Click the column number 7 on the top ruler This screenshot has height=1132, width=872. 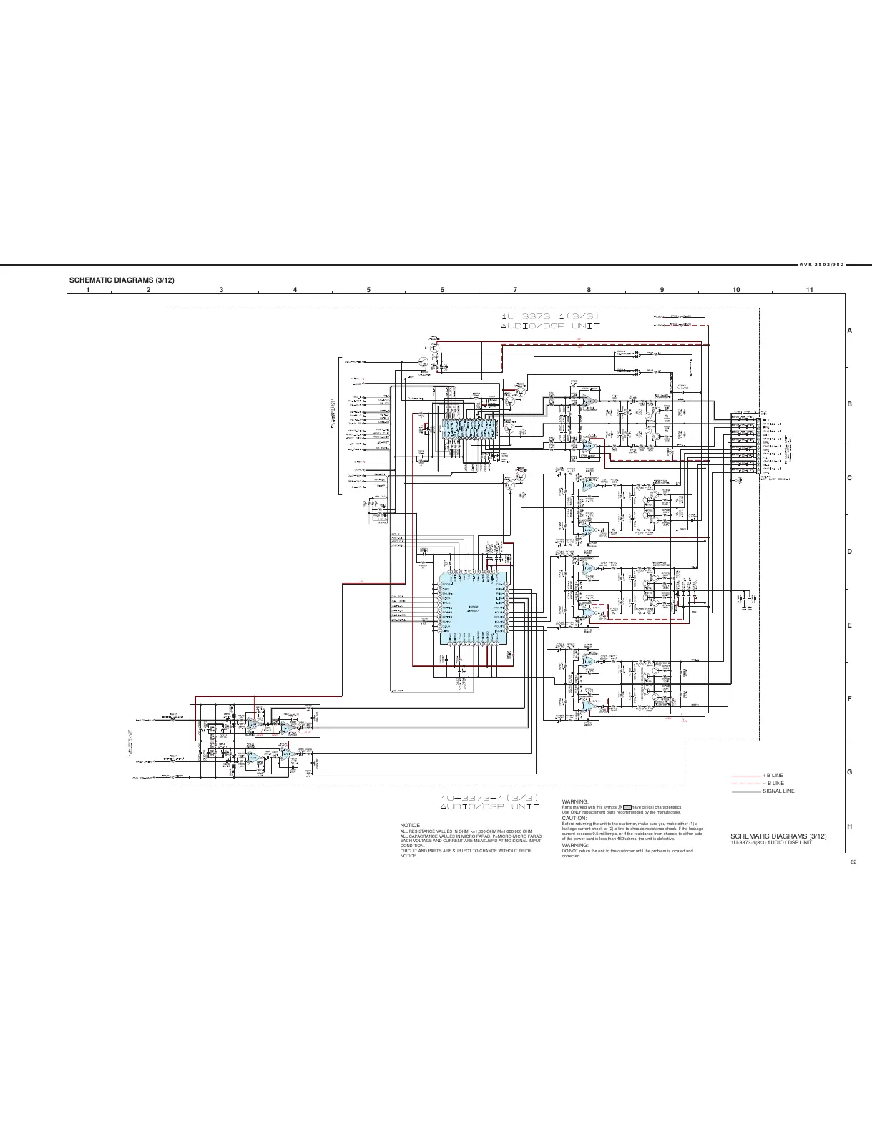click(x=515, y=289)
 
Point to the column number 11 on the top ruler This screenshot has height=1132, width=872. click(x=809, y=289)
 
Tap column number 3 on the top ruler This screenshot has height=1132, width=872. click(x=222, y=289)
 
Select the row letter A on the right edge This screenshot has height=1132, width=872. click(x=849, y=331)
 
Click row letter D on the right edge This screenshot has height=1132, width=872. click(x=849, y=552)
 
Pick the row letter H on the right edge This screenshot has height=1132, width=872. click(x=849, y=826)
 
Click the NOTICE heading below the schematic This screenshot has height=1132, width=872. click(x=410, y=825)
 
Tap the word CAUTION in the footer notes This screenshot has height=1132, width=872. click(x=574, y=818)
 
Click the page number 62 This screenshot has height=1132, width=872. click(x=853, y=862)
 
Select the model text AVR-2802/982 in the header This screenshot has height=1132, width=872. click(x=823, y=264)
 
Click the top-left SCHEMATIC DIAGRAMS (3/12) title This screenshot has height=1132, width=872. click(x=121, y=279)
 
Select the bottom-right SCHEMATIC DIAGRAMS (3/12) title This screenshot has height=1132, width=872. click(x=778, y=836)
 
